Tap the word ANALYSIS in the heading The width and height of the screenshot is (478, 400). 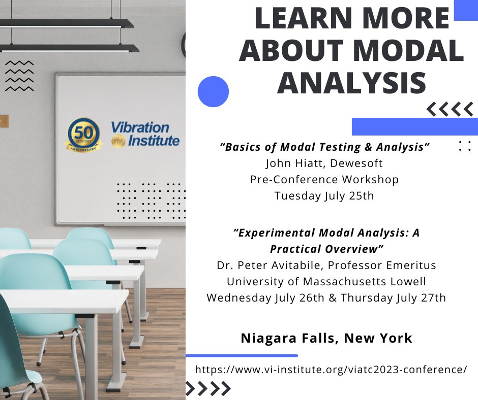351,83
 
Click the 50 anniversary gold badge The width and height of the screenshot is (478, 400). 83,135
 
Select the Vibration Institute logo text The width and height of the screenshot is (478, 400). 145,134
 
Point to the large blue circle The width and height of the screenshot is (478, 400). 213,91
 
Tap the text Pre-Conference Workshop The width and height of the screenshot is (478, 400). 324,179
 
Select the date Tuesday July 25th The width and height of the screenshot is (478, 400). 324,195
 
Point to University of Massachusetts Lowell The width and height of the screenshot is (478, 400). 326,281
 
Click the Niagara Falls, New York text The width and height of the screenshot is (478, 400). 326,338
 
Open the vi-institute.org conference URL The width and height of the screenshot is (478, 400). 331,370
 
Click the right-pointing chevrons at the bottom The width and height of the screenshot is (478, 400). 208,389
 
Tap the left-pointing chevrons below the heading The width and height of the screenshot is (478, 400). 450,109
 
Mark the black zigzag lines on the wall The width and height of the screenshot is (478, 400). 19,76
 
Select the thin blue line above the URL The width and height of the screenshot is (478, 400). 242,355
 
